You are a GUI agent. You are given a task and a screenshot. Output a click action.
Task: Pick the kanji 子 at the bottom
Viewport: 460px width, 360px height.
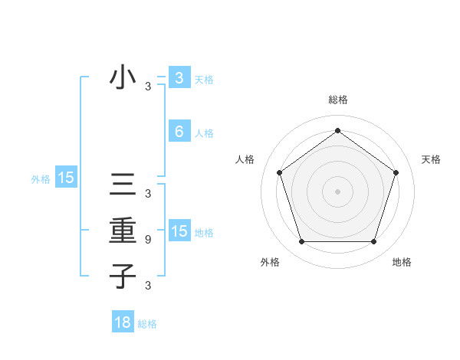(123, 276)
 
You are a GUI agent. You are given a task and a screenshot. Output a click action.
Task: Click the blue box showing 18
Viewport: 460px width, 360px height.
(123, 322)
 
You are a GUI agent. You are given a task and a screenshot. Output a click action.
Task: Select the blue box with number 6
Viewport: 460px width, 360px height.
(179, 132)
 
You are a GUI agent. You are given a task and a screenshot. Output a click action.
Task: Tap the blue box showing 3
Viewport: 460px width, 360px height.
(179, 78)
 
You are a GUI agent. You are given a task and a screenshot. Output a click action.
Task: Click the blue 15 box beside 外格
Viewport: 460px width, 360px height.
(66, 178)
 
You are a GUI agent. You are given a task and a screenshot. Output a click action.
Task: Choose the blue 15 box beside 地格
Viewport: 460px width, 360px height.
(179, 231)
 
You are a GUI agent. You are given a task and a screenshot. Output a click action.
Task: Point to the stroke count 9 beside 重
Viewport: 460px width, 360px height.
(147, 240)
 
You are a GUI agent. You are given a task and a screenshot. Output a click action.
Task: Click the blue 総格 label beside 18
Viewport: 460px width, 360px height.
(147, 324)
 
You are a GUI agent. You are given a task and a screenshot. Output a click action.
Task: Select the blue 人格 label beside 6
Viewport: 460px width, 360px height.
(204, 133)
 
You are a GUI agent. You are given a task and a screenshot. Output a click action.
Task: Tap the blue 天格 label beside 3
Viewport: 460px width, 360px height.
(204, 80)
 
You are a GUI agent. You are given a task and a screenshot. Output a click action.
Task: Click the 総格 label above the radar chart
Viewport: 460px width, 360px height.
(337, 100)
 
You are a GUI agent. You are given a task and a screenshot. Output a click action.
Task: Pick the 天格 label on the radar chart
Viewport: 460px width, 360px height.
(432, 159)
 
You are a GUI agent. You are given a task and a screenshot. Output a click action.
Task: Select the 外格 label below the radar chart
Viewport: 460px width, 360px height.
(270, 262)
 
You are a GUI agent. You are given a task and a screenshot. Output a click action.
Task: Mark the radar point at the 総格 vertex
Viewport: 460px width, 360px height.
(337, 130)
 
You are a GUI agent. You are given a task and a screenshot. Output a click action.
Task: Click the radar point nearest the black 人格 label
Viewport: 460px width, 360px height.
(279, 172)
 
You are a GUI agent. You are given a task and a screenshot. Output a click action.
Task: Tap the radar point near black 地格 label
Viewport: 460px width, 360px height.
(373, 242)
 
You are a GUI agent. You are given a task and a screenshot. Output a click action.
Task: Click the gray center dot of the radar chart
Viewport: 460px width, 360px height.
(337, 191)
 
